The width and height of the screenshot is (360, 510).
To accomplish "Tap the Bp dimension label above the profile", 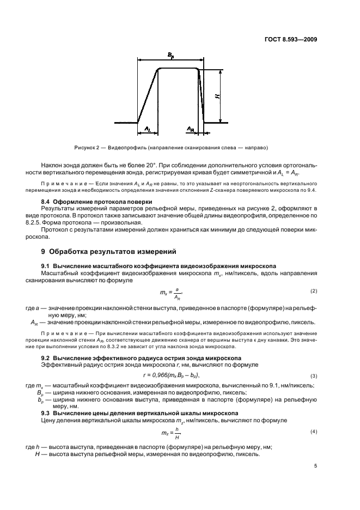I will [x=170, y=56].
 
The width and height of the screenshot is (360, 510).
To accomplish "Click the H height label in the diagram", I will [x=217, y=96].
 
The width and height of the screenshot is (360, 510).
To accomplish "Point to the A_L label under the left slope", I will [x=147, y=129].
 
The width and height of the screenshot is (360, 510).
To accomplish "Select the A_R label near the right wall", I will [x=191, y=129].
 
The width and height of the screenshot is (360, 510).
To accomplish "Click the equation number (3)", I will [x=314, y=376].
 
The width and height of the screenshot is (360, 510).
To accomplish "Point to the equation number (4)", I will [x=314, y=432].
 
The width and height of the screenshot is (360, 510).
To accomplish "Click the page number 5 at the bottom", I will [x=315, y=466].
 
